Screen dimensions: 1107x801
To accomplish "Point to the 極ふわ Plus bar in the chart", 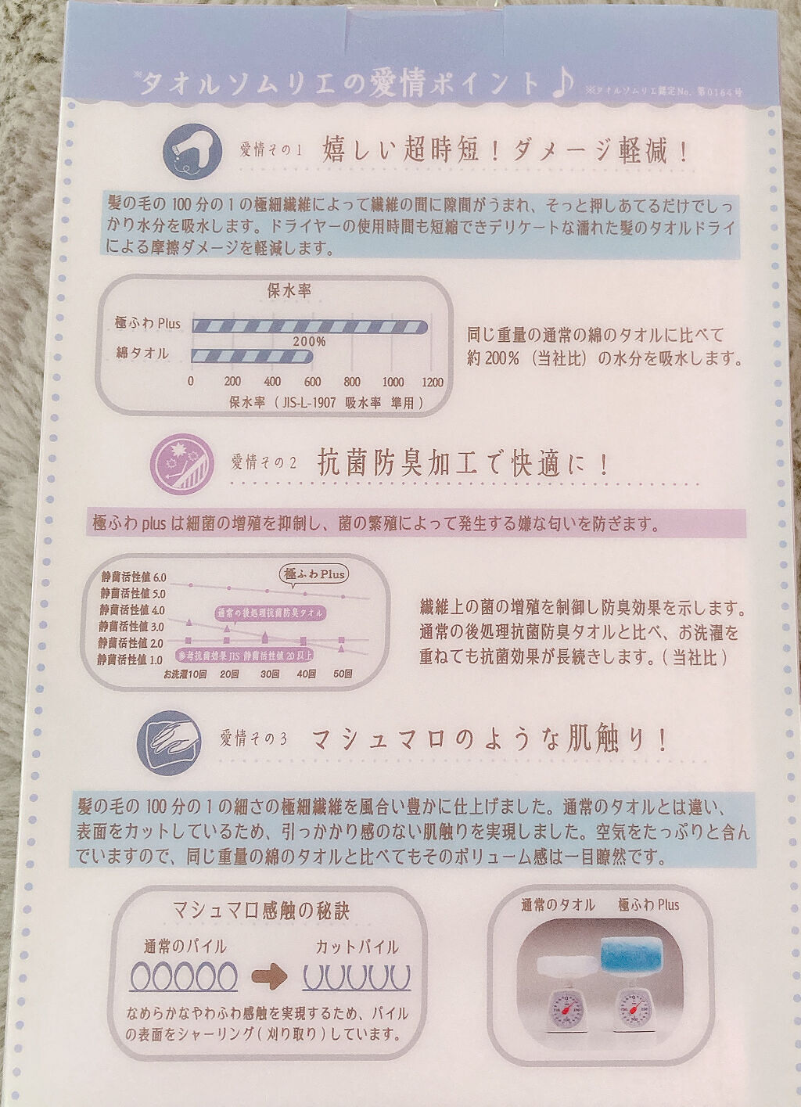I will (x=309, y=326).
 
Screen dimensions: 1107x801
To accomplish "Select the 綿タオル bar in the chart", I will (x=252, y=356).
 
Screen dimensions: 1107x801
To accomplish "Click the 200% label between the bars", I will (x=310, y=342).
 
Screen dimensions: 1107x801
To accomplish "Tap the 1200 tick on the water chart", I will (x=431, y=383).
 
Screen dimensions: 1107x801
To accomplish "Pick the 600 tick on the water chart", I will (x=312, y=383).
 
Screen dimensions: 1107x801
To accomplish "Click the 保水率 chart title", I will (x=289, y=291).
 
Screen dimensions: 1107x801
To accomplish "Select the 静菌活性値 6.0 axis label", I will (x=133, y=577).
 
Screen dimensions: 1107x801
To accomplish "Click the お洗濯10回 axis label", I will (x=185, y=674).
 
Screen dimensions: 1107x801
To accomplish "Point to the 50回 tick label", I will (x=342, y=674).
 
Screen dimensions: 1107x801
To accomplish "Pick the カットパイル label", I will (x=357, y=947).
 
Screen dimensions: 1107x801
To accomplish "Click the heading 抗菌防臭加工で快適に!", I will (x=462, y=464).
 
